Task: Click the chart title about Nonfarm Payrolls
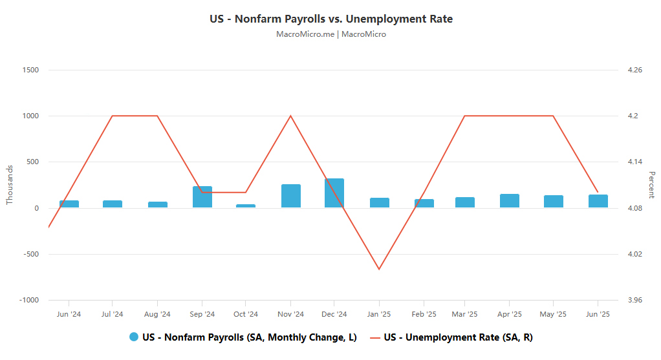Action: click(x=330, y=19)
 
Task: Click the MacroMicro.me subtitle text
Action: click(x=330, y=34)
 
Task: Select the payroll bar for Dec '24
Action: click(x=334, y=193)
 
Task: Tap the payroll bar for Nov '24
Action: click(x=291, y=196)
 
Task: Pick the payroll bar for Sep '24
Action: click(x=202, y=196)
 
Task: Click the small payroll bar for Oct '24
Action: click(x=246, y=206)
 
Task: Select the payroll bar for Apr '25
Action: click(x=510, y=201)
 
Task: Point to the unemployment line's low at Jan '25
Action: click(x=379, y=269)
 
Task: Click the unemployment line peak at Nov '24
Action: click(x=290, y=116)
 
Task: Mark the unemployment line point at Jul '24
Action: click(x=113, y=116)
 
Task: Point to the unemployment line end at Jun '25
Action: click(x=598, y=193)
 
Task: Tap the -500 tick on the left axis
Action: click(x=29, y=254)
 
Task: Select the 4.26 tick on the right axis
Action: click(x=634, y=70)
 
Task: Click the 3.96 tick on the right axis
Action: click(x=634, y=300)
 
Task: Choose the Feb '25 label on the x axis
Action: click(x=424, y=314)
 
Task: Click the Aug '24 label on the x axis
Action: click(x=157, y=314)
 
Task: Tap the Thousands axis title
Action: click(x=10, y=185)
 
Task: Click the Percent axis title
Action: click(x=651, y=185)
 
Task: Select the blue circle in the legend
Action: click(x=134, y=337)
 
